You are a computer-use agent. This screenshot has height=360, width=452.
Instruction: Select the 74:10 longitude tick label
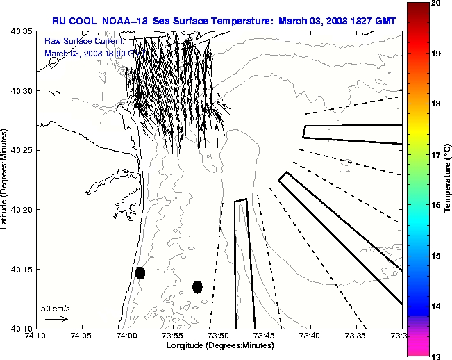pyautogui.click(x=36, y=336)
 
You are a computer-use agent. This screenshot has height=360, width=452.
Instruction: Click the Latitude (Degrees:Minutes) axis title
pyautogui.click(x=5, y=179)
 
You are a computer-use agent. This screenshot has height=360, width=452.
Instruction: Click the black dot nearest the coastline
pyautogui.click(x=140, y=272)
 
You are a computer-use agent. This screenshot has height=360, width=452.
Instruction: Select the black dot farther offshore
pyautogui.click(x=197, y=286)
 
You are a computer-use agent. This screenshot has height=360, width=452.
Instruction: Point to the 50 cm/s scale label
pyautogui.click(x=55, y=308)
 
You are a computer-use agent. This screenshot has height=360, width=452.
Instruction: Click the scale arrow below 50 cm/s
pyautogui.click(x=56, y=319)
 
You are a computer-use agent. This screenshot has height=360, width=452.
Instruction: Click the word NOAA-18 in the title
pyautogui.click(x=124, y=20)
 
